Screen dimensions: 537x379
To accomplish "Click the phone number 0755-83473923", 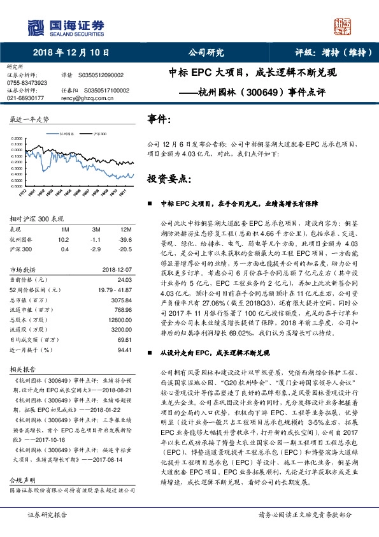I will [x=26, y=83].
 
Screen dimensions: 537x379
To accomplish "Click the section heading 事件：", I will [x=159, y=119].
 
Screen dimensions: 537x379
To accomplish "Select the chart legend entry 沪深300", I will [x=99, y=135].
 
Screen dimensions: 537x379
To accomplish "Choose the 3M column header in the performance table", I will [x=97, y=229].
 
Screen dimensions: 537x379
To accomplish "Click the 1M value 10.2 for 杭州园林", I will [x=63, y=239].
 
